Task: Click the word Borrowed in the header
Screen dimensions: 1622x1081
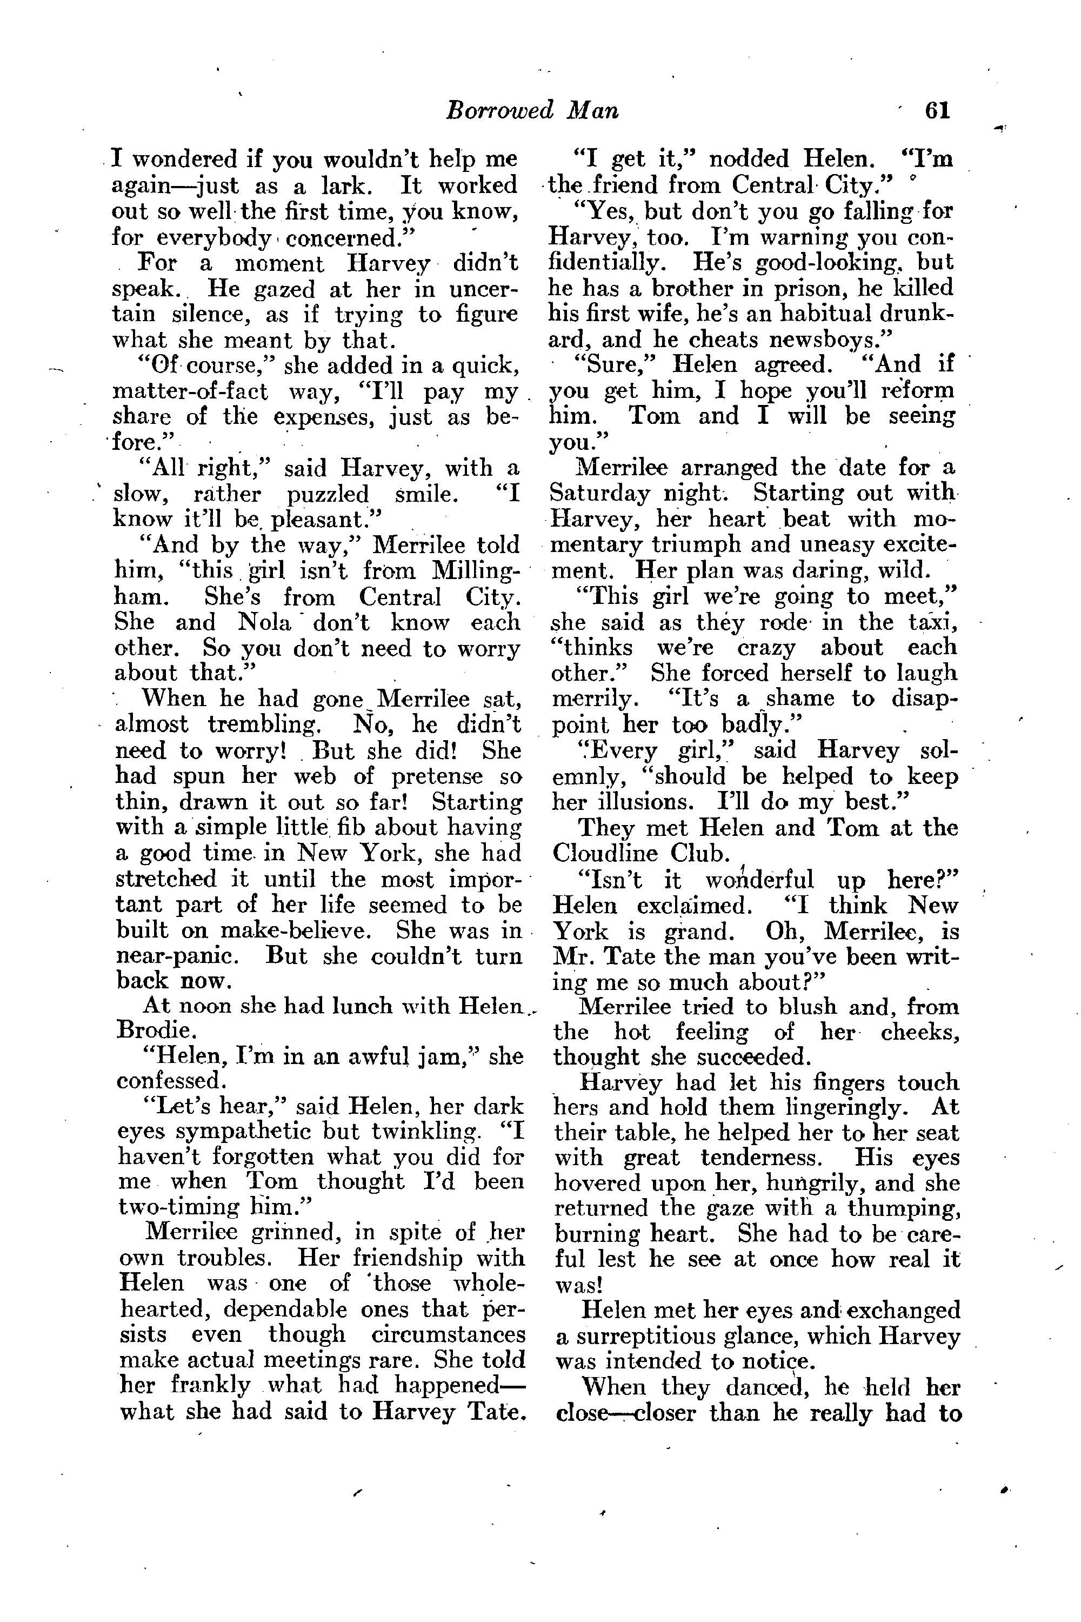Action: [x=500, y=111]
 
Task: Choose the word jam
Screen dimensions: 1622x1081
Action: [x=443, y=1056]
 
